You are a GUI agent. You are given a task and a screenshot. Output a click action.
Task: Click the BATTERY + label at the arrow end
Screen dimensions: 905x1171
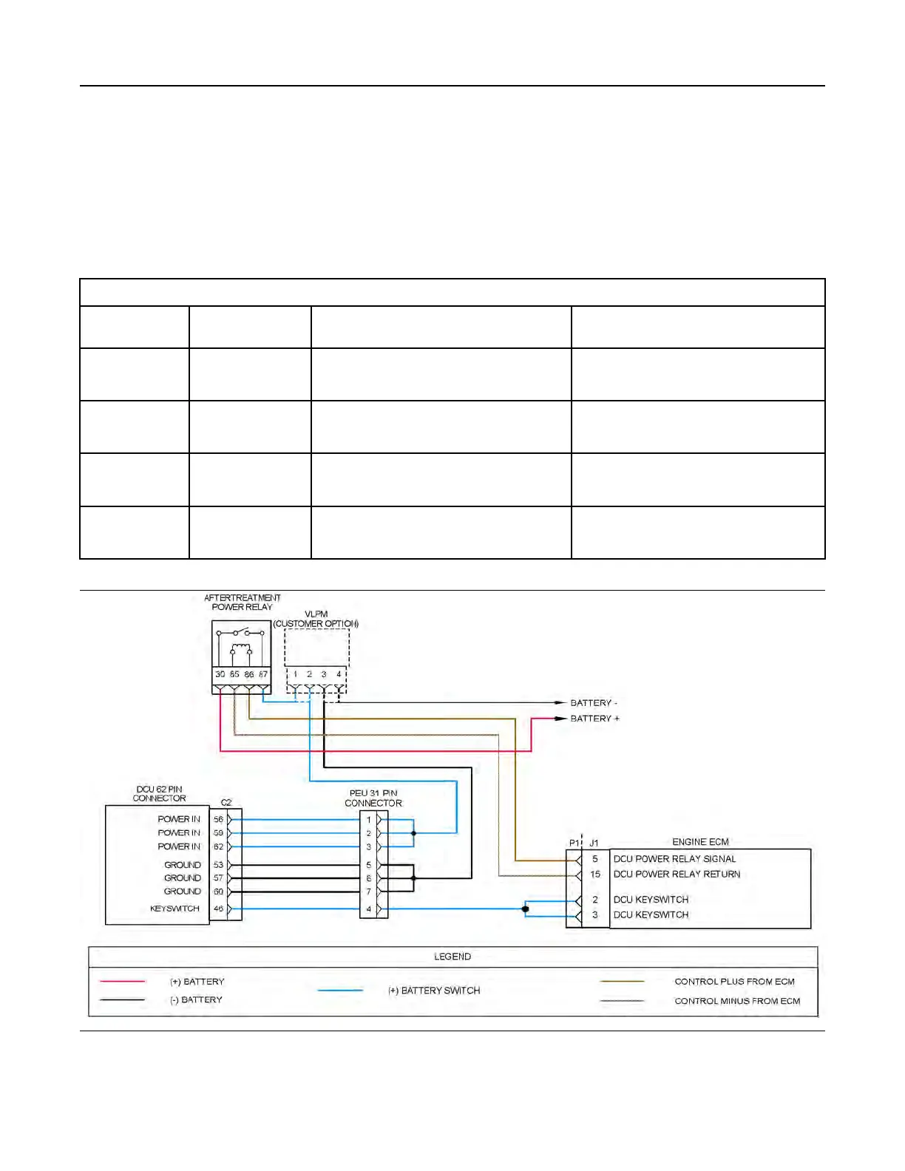[594, 719]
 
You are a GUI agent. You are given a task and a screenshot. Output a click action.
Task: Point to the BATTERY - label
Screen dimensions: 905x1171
[593, 703]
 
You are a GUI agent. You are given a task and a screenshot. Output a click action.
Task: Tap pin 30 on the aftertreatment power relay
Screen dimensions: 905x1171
[220, 674]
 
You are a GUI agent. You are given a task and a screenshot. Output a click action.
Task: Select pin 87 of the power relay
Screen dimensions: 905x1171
[263, 674]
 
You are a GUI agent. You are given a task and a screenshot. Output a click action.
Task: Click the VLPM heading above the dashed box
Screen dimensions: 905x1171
[316, 614]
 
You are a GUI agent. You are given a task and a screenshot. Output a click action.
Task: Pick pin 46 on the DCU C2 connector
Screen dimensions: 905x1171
[218, 909]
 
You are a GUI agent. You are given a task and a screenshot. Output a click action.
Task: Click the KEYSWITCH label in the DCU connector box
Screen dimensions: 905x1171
[174, 909]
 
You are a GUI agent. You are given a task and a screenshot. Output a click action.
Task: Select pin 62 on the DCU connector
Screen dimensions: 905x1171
[218, 846]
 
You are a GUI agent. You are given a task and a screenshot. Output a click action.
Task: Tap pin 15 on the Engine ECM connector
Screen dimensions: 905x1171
[595, 875]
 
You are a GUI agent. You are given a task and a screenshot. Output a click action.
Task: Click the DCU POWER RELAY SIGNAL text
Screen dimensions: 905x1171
[674, 859]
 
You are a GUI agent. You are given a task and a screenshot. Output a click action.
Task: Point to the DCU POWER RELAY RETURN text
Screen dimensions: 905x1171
[677, 875]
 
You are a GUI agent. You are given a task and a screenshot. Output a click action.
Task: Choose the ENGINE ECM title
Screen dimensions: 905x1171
[700, 842]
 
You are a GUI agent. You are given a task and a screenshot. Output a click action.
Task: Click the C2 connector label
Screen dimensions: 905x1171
[226, 803]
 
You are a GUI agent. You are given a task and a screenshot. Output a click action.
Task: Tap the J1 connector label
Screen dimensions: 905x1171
[594, 843]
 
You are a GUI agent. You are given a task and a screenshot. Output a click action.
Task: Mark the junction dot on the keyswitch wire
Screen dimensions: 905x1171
[525, 909]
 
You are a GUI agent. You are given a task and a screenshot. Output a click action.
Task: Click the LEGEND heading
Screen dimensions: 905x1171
[452, 957]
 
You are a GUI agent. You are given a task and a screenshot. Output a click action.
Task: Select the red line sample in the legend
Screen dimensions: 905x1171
[122, 982]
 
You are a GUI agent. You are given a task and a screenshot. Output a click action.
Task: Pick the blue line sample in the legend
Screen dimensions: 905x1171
[340, 991]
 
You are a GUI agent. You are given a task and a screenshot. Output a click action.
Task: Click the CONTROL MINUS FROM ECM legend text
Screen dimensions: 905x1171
[737, 1001]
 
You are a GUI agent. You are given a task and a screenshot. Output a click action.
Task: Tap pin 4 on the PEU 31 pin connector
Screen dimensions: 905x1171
[369, 909]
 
